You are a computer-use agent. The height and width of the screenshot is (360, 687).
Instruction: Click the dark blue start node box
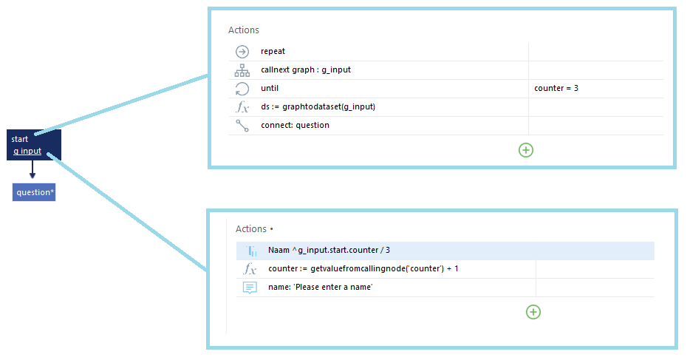click(34, 145)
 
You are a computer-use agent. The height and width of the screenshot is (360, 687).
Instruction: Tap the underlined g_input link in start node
click(27, 152)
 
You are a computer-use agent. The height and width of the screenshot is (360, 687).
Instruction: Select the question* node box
click(34, 192)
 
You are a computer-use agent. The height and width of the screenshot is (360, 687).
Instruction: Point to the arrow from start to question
click(32, 169)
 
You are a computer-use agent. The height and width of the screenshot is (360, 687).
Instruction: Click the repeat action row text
click(273, 51)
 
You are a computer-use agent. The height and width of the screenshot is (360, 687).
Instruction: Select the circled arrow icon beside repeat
click(242, 52)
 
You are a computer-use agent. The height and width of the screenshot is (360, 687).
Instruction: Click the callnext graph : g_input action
click(306, 69)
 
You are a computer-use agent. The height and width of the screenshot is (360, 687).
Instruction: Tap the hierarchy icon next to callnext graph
click(242, 70)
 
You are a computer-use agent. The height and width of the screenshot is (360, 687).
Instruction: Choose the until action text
click(270, 88)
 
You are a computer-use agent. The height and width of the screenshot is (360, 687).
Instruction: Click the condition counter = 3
click(556, 88)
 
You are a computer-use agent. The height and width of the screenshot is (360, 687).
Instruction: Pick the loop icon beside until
click(242, 89)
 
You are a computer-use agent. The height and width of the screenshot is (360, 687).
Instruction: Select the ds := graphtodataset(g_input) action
click(318, 106)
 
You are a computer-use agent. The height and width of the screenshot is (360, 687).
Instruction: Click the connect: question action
click(295, 125)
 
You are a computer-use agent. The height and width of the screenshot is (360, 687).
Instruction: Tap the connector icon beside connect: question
click(242, 126)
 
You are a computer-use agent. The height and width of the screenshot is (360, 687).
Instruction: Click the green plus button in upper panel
click(526, 150)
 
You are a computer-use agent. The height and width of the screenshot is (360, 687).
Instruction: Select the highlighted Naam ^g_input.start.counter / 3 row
click(445, 251)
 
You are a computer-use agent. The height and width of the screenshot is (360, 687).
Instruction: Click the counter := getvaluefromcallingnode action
click(363, 269)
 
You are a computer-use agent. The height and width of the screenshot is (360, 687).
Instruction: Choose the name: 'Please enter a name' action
click(321, 288)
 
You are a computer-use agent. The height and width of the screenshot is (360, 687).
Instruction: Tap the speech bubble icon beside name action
click(250, 288)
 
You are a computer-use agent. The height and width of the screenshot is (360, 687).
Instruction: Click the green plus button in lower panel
click(533, 312)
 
